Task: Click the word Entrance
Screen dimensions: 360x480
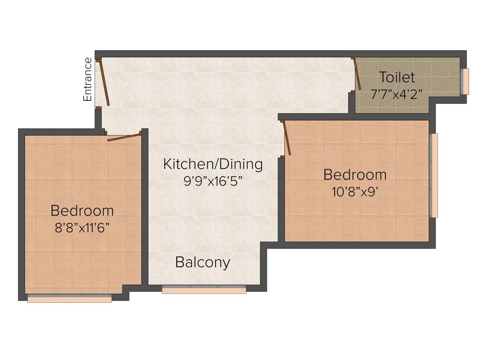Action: coord(87,79)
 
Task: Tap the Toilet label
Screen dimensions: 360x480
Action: coord(397,77)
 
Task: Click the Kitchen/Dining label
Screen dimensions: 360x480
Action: coord(213,164)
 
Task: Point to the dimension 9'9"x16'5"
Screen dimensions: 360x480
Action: coord(213,181)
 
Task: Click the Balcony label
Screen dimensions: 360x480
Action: coord(202,262)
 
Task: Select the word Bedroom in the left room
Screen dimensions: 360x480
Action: coord(82,210)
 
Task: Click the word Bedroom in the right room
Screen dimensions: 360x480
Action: coord(355,175)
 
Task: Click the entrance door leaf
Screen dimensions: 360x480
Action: coord(105,82)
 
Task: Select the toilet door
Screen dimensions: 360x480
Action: coord(357,74)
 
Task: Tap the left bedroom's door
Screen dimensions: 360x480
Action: coord(124,137)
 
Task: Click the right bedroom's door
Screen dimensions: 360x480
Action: coord(286,138)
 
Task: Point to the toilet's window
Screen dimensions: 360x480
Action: coord(465,81)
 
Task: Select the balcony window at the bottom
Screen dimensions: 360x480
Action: coord(204,290)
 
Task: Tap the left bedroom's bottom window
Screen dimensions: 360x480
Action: coord(69,299)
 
